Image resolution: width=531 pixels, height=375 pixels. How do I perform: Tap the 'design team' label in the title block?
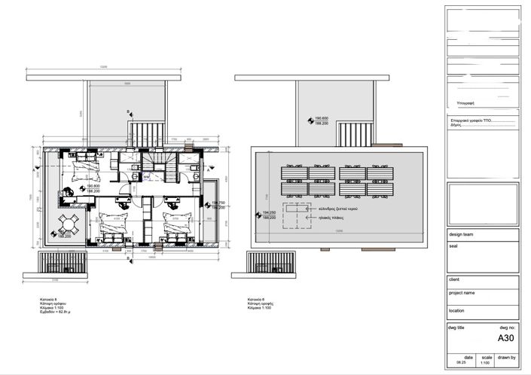tap(462, 234)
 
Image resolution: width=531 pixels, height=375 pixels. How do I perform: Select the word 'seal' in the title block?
tap(453, 245)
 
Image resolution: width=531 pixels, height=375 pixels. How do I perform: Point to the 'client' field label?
tap(455, 279)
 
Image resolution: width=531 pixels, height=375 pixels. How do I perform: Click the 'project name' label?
tap(462, 292)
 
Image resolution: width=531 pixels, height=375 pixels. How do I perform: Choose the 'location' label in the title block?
tap(457, 309)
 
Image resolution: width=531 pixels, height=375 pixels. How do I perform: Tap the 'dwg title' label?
tap(458, 328)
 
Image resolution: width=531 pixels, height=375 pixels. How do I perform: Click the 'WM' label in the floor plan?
tap(147, 177)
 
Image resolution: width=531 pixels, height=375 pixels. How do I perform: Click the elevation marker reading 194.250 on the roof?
tap(269, 213)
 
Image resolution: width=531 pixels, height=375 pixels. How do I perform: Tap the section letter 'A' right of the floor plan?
tap(206, 171)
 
